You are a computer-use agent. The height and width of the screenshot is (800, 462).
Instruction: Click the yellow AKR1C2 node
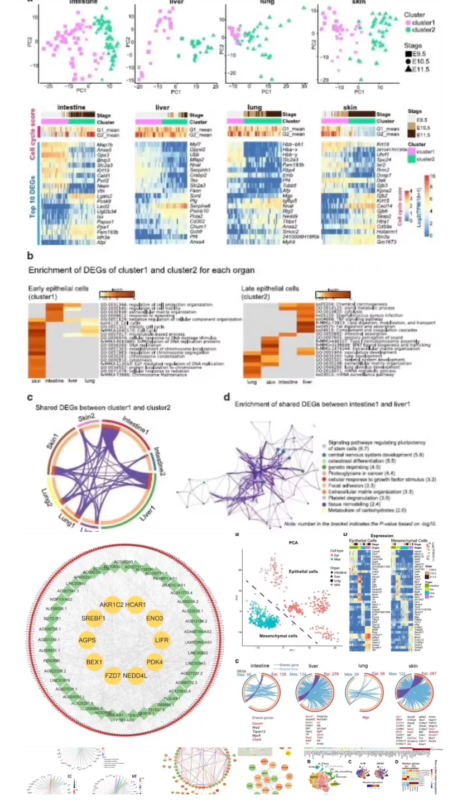point(112,605)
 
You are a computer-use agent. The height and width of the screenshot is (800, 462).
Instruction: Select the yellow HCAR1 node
point(136,605)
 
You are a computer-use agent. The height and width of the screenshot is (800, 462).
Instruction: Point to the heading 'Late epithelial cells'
point(269,288)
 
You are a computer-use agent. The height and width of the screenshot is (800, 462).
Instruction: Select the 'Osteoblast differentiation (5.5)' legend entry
point(362,461)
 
